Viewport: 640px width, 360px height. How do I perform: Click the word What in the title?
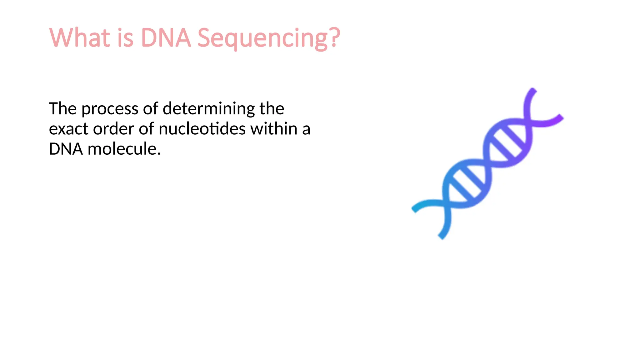pyautogui.click(x=80, y=37)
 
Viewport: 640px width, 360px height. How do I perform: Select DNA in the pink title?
pyautogui.click(x=166, y=37)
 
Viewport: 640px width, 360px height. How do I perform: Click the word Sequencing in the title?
pyautogui.click(x=263, y=38)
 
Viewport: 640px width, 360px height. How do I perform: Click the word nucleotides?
pyautogui.click(x=202, y=129)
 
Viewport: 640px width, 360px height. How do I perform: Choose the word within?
pyautogui.click(x=274, y=128)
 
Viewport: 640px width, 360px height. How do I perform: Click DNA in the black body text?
pyautogui.click(x=66, y=149)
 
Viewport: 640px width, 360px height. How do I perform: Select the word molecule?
pyautogui.click(x=124, y=149)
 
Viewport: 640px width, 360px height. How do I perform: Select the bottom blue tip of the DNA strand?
pyautogui.click(x=442, y=236)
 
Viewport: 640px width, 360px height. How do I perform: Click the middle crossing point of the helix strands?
pyautogui.click(x=487, y=163)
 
